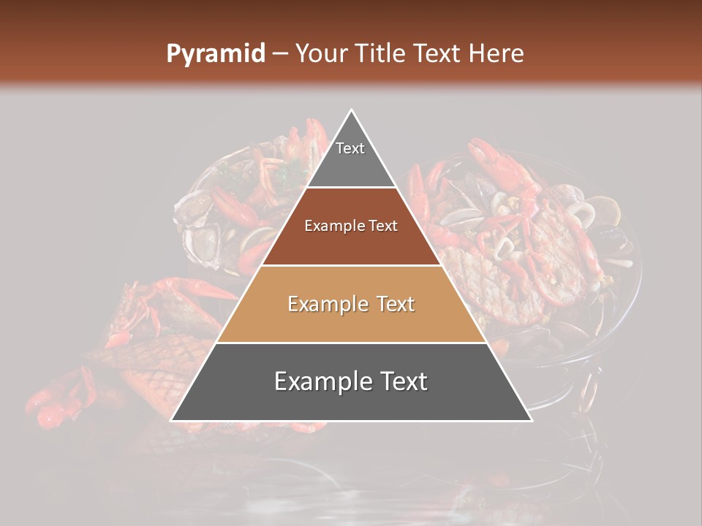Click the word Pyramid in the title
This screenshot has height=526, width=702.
coord(216,54)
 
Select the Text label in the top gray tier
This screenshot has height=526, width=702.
coord(350,148)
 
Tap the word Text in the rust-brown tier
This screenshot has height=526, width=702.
coord(383,226)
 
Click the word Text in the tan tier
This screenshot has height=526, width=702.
coord(396,304)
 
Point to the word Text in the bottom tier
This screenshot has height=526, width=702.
coord(403,381)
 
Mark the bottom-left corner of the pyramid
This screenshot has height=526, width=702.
coord(172,420)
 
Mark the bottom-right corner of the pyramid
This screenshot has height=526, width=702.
coord(531,420)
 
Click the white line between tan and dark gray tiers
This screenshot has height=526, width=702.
coord(352,343)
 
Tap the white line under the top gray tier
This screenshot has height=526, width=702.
coord(352,187)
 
